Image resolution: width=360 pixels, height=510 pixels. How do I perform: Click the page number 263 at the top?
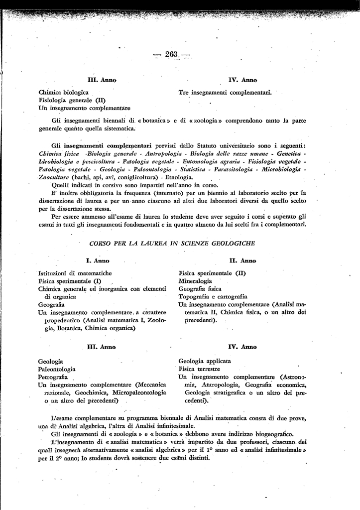[173, 54]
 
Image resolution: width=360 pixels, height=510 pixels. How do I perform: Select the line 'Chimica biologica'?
[63, 93]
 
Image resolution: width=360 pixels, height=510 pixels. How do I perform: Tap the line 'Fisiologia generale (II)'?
[72, 100]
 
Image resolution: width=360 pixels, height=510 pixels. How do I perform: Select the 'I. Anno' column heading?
[98, 260]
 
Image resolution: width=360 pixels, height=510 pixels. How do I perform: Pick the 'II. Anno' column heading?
[242, 260]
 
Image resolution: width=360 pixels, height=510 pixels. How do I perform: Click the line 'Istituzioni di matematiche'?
[75, 273]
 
